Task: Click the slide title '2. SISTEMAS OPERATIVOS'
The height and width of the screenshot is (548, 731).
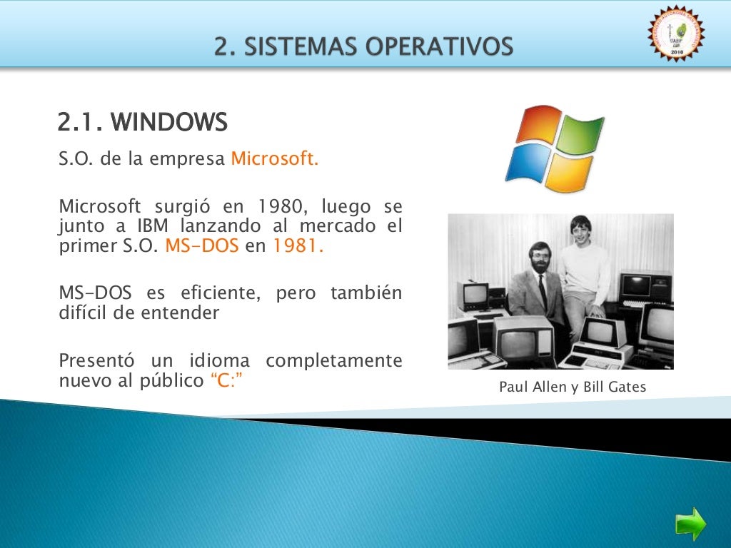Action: (364, 46)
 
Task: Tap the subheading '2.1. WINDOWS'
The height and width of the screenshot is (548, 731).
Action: (142, 123)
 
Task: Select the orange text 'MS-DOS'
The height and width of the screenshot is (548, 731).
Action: (201, 248)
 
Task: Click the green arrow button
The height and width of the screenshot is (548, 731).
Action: (690, 524)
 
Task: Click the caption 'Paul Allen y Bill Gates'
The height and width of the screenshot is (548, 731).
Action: (573, 387)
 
